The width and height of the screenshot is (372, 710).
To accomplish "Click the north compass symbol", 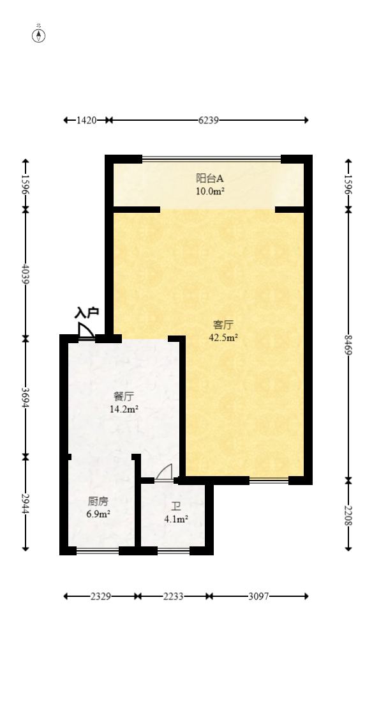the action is point(39,35).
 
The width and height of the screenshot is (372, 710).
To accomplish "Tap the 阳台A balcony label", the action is point(210,178).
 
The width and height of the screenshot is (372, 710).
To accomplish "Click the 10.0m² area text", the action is point(210,191).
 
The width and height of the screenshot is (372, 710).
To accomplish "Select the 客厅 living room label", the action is point(223,325).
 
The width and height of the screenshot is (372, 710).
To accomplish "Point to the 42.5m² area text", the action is point(223,337).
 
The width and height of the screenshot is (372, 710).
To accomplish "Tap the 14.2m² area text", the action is point(124,410).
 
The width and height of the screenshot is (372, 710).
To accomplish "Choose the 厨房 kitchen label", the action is point(98,501).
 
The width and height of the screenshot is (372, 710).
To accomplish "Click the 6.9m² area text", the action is point(98,514).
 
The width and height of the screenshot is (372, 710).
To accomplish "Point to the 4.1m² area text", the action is point(176,520).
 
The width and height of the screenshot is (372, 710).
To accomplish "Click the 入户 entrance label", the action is point(87,313).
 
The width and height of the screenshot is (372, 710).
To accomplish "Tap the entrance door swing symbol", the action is point(86,330).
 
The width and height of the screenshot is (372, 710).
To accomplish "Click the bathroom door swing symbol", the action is point(165,472).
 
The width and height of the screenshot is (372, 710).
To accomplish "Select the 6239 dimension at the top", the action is point(209,120).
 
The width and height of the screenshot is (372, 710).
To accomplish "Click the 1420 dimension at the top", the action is point(86,120).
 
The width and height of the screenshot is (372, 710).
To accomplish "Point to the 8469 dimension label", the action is point(348,345).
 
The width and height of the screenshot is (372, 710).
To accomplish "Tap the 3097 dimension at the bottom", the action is point(258,596).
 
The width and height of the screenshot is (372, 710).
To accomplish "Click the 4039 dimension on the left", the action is point(26,274).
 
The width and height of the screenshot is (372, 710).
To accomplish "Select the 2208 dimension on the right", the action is point(348,515).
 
